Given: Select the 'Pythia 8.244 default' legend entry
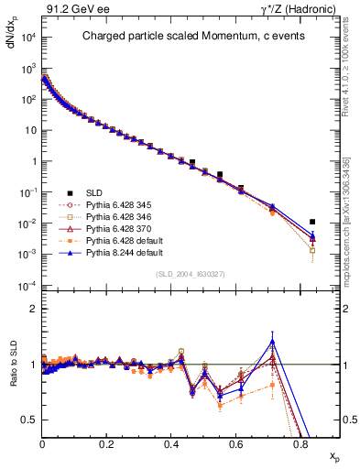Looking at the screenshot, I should (125, 263).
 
